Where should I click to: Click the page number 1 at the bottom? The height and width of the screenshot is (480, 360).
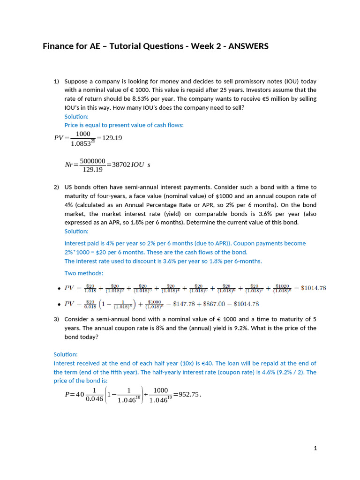pos(315,448)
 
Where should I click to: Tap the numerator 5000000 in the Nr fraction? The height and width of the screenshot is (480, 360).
pos(92,161)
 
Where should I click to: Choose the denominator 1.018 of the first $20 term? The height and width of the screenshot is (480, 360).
pos(90,291)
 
